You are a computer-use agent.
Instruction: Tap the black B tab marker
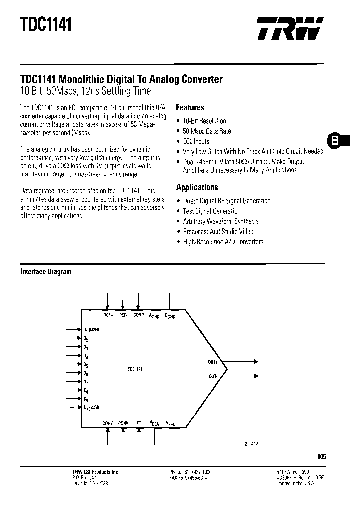[x=335, y=141]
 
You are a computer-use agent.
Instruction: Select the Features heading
[x=190, y=107]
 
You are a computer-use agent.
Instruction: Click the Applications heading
[x=197, y=187]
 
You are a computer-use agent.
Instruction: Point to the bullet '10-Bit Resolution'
[x=204, y=121]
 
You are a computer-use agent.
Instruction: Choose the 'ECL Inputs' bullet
[x=196, y=141]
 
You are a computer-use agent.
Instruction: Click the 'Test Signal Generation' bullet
[x=211, y=211]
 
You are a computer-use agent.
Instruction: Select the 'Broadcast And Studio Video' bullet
[x=218, y=231]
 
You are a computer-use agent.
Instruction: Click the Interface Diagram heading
[x=46, y=272]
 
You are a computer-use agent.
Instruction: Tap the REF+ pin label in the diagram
[x=108, y=315]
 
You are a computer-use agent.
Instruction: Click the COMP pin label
[x=138, y=315]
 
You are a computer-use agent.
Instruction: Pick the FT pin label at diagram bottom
[x=139, y=423]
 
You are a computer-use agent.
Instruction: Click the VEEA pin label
[x=155, y=423]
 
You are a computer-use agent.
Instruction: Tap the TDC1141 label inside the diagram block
[x=135, y=369]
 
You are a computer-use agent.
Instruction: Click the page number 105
[x=321, y=456]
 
